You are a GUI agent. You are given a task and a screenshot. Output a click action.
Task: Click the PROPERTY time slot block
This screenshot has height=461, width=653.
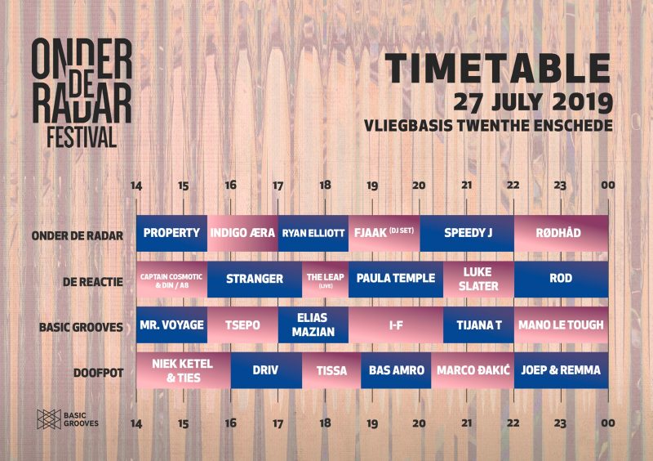[x=171, y=233]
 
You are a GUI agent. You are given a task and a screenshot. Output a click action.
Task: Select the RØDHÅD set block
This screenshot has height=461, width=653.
[x=561, y=233]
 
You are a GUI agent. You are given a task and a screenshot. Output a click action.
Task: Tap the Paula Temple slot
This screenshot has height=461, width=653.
[x=396, y=279]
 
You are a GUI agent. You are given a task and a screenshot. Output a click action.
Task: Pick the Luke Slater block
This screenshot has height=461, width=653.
[x=478, y=279]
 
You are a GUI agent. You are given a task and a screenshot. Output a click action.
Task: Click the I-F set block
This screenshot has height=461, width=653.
[x=396, y=325]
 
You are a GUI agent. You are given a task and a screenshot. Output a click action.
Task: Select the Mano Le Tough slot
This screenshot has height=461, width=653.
[x=561, y=325]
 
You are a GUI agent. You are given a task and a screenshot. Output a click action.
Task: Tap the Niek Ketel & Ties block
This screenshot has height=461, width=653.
[x=183, y=371]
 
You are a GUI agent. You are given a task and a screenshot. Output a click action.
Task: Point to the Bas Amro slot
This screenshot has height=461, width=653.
[x=396, y=371]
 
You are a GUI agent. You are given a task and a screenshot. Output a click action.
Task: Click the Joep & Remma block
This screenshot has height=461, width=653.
[x=561, y=371]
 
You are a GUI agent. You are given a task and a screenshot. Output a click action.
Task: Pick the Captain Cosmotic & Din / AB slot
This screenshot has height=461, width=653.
[x=171, y=279]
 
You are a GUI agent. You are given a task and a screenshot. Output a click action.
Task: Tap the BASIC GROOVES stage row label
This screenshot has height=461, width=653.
[x=81, y=327]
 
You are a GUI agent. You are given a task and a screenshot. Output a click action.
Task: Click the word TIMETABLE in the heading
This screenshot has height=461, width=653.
[x=498, y=69]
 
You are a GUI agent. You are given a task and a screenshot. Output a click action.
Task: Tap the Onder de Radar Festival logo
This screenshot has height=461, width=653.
[x=82, y=92]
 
